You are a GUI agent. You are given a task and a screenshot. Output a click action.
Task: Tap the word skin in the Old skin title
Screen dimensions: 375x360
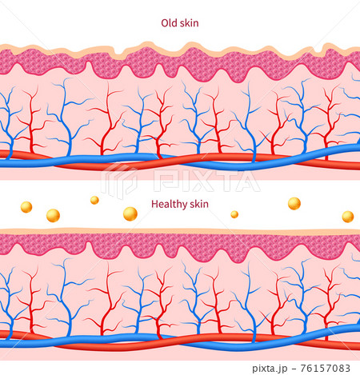pyautogui.click(x=189, y=24)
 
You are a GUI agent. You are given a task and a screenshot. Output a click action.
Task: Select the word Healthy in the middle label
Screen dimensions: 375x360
pyautogui.click(x=167, y=204)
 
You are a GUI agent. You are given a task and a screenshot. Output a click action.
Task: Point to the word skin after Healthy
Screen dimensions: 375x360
pyautogui.click(x=198, y=204)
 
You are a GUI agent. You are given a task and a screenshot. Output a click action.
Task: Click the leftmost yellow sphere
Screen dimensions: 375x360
pyautogui.click(x=26, y=207)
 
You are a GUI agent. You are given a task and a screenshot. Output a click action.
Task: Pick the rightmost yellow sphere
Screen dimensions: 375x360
pyautogui.click(x=347, y=217)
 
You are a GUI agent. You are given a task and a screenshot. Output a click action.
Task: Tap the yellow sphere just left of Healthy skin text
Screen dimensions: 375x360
pyautogui.click(x=130, y=213)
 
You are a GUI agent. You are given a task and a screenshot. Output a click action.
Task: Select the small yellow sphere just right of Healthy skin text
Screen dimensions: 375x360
pyautogui.click(x=234, y=214)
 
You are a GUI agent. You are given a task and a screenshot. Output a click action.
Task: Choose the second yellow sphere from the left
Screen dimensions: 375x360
pyautogui.click(x=53, y=215)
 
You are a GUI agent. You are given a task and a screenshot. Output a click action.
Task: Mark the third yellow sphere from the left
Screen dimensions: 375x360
pyautogui.click(x=94, y=200)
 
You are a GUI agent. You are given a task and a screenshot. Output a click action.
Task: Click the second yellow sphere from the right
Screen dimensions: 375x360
pyautogui.click(x=294, y=203)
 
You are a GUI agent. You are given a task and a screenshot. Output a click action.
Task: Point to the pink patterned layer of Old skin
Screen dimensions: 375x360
pyautogui.click(x=160, y=62)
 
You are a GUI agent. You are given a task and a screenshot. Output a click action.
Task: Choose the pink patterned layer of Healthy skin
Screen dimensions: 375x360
pyautogui.click(x=160, y=243)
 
